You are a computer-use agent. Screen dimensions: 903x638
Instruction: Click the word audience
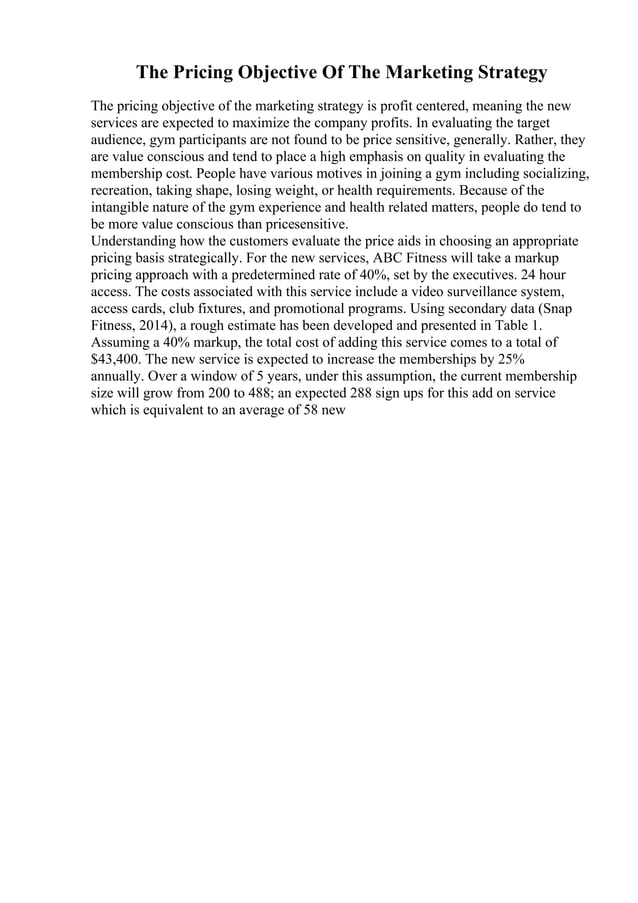(x=119, y=140)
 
